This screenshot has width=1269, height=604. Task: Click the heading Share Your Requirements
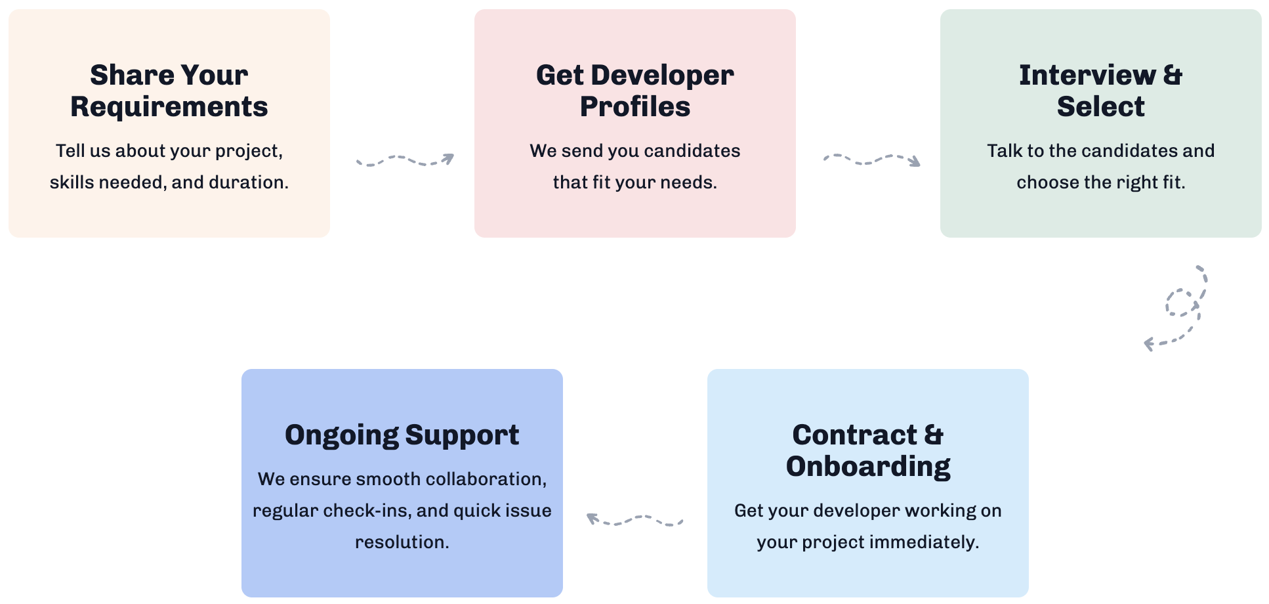[169, 91]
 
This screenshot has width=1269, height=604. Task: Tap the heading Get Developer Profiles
[635, 91]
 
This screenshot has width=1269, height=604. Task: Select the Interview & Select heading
[1101, 91]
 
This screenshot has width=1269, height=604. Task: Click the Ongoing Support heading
[402, 435]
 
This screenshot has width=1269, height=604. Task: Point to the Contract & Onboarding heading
[868, 450]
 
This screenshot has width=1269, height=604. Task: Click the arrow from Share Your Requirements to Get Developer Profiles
[405, 160]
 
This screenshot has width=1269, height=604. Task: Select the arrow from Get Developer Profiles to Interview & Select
[872, 160]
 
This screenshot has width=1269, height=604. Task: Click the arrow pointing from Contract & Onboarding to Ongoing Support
[634, 519]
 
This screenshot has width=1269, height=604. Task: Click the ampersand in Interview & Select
[1173, 75]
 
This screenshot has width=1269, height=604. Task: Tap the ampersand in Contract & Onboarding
[934, 435]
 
